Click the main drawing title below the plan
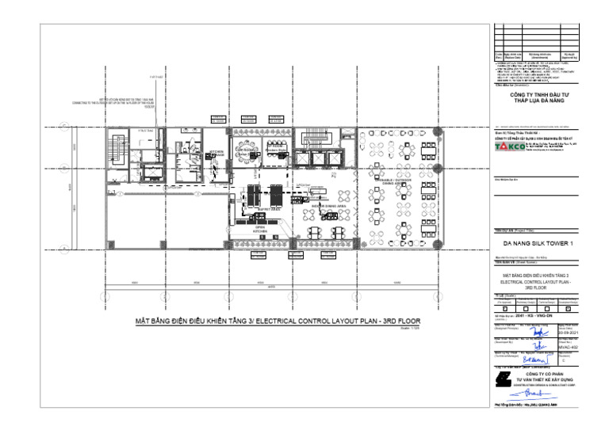(x=278, y=322)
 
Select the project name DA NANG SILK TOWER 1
(x=537, y=242)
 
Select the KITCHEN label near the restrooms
(x=216, y=151)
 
